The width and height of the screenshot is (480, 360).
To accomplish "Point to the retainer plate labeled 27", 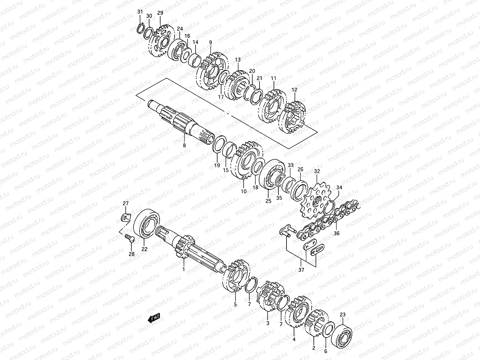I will pyautogui.click(x=126, y=217).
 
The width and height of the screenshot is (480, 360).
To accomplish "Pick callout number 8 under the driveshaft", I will pyautogui.click(x=184, y=145).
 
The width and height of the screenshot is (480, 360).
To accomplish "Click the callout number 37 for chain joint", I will pyautogui.click(x=301, y=270).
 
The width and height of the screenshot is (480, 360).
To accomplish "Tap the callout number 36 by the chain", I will pyautogui.click(x=336, y=233).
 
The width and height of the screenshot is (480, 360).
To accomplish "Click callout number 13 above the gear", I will pyautogui.click(x=238, y=60).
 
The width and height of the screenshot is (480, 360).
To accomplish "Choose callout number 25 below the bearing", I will pyautogui.click(x=268, y=201).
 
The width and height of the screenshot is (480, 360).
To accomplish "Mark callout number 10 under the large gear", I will pyautogui.click(x=244, y=191).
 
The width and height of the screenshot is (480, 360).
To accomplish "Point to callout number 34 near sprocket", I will pyautogui.click(x=339, y=188).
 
